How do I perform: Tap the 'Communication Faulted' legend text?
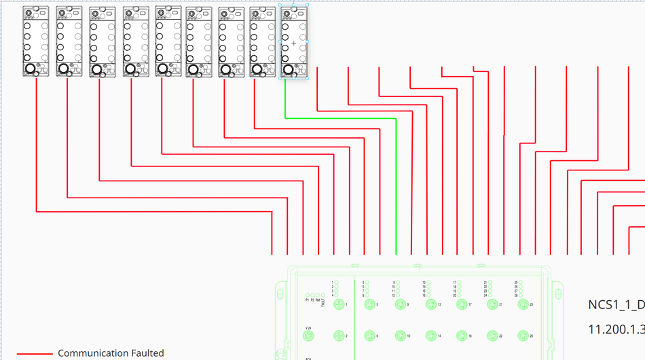pos(111,353)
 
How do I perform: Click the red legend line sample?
pos(34,354)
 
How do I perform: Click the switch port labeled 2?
pos(339,336)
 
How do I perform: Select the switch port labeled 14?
pos(430,336)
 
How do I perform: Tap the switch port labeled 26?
pos(522,336)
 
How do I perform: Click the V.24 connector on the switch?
pos(309,336)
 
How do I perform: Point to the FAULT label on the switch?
pos(323,295)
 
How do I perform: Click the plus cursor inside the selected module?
pos(294,43)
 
